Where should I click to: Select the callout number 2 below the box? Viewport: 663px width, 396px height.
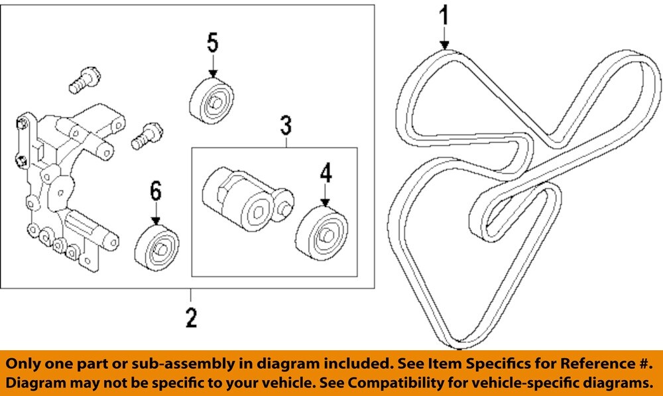[191, 318]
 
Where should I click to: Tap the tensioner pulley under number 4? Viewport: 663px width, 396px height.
[323, 232]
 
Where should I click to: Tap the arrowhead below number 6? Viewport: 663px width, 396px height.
[156, 220]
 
